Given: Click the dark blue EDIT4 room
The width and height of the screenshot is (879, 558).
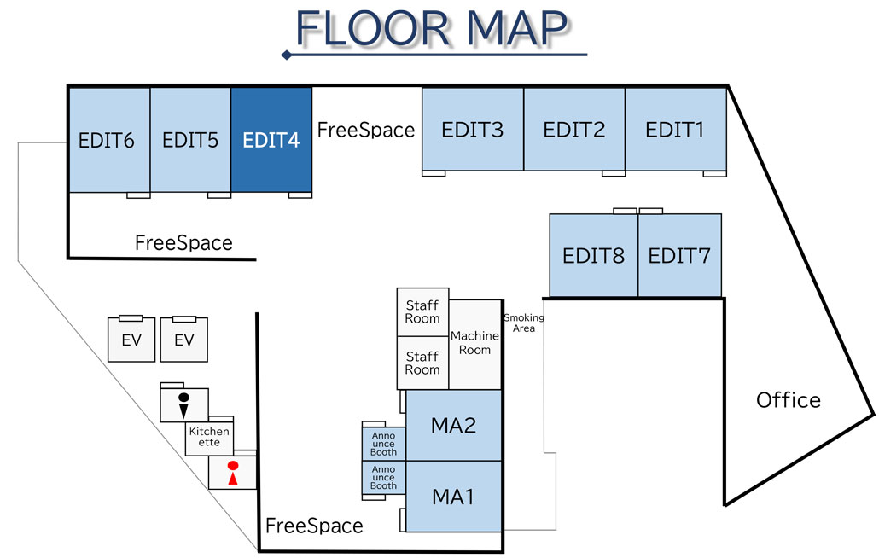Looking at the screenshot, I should click(271, 140).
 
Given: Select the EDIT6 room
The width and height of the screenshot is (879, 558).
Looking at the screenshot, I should click(108, 140).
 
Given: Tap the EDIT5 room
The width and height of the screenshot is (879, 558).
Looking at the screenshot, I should click(190, 140).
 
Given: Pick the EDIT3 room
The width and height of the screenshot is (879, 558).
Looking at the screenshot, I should click(472, 130).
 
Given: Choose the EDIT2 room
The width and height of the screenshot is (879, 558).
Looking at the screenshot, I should click(574, 130).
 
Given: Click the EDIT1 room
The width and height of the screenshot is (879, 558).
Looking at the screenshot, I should click(675, 130).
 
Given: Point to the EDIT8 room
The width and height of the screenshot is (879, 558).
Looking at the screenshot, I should click(593, 255).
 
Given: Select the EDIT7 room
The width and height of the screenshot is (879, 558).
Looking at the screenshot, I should click(679, 255).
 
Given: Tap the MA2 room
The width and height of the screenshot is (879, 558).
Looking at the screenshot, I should click(453, 425).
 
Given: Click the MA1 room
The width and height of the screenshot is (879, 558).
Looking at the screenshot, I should click(453, 496).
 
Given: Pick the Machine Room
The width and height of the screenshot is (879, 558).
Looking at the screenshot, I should click(474, 343).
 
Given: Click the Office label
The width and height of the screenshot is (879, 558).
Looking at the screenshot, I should click(789, 400).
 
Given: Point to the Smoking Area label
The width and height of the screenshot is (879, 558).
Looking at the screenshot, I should click(524, 323).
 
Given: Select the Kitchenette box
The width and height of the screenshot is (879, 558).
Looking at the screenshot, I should click(209, 437).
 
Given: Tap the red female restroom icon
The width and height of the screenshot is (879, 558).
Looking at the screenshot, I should click(232, 473).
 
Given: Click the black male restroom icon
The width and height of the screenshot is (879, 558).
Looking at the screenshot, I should click(183, 404).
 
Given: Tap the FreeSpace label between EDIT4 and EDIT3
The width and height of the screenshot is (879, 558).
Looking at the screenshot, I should click(366, 130).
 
